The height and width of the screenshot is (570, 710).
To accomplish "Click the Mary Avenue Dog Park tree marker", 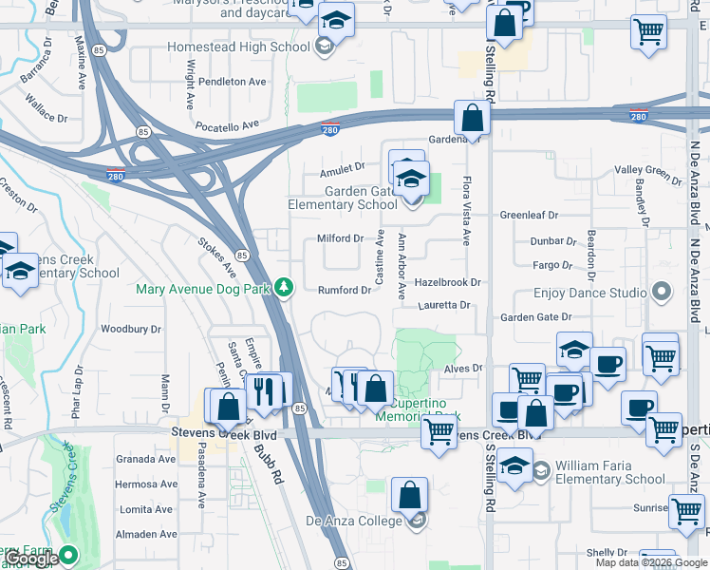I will pyautogui.click(x=284, y=287).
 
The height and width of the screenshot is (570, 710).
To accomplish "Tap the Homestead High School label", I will pyautogui.click(x=238, y=47).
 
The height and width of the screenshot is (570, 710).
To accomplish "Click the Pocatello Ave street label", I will pyautogui.click(x=227, y=124).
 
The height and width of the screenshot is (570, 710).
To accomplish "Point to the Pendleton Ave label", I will pyautogui.click(x=232, y=82).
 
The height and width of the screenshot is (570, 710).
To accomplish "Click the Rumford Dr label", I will pyautogui.click(x=344, y=290).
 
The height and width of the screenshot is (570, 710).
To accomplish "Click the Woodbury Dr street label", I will pyautogui.click(x=131, y=329).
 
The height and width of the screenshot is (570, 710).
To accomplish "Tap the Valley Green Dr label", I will pyautogui.click(x=648, y=170).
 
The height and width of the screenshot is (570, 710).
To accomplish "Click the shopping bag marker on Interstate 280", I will pyautogui.click(x=472, y=118).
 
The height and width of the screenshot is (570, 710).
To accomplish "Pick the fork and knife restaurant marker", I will pyautogui.click(x=265, y=390).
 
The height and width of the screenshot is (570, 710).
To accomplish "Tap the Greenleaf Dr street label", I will pyautogui.click(x=529, y=215).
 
